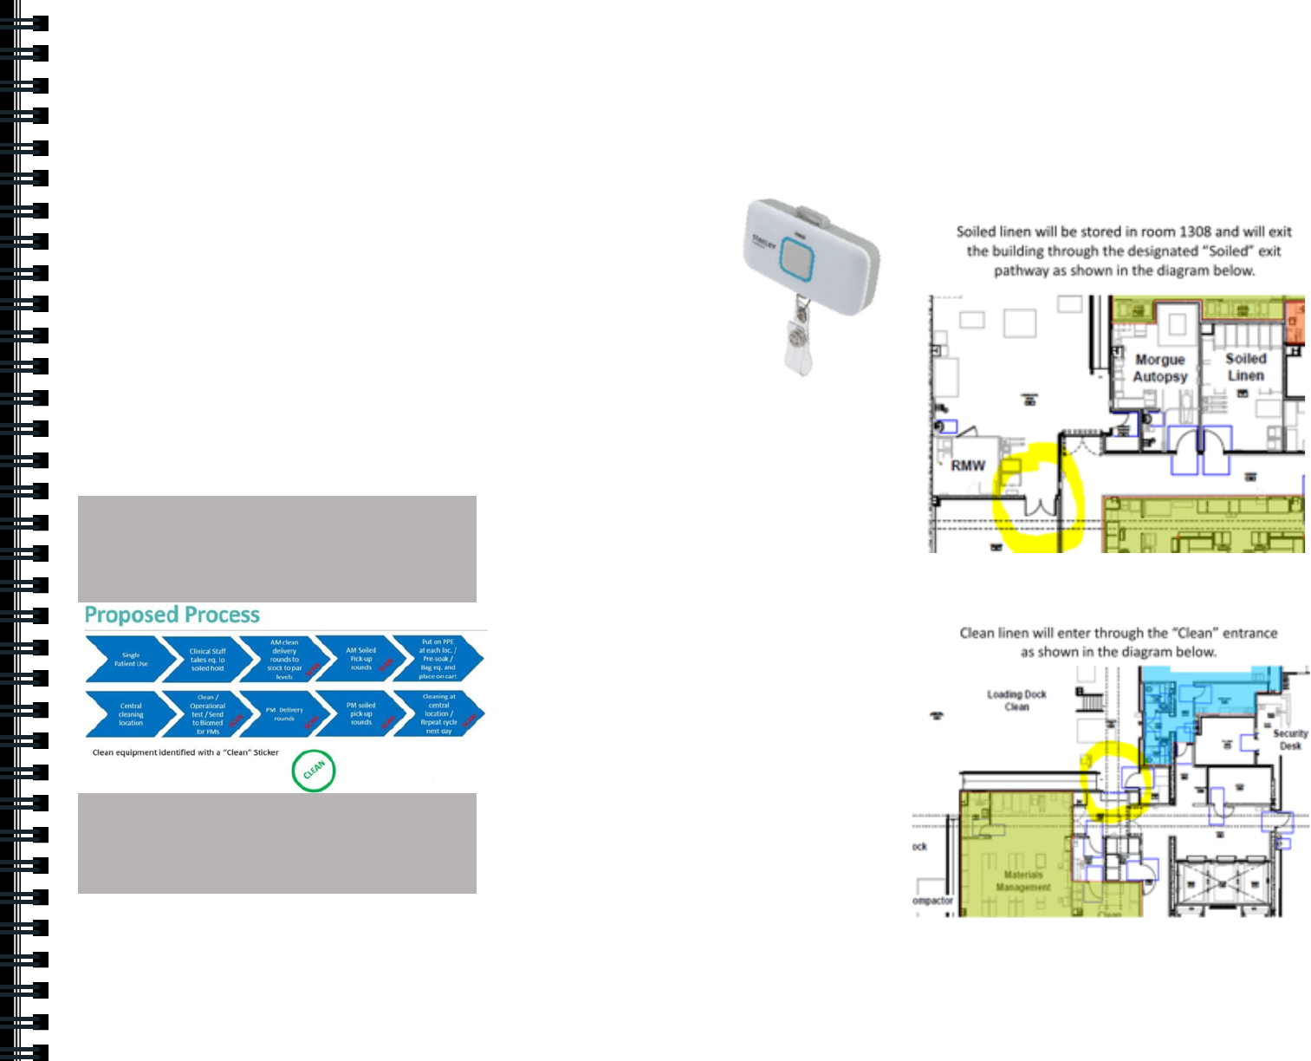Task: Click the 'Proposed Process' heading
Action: click(x=172, y=615)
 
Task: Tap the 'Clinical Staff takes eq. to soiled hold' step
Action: click(x=206, y=660)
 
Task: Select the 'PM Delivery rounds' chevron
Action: click(x=284, y=714)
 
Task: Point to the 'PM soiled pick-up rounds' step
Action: click(x=360, y=714)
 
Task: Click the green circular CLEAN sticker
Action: click(x=314, y=771)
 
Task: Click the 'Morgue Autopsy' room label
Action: click(x=1159, y=368)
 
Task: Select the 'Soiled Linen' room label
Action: click(x=1245, y=367)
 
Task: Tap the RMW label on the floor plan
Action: click(x=968, y=465)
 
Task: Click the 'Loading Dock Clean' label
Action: click(x=1016, y=700)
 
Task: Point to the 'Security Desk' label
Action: click(x=1289, y=739)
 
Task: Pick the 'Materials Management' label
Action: click(x=1022, y=881)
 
